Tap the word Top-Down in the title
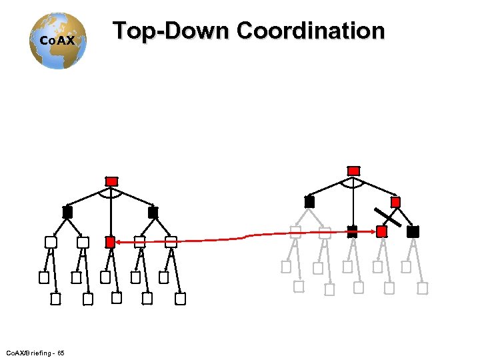click(171, 31)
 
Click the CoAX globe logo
click(59, 40)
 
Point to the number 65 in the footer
click(61, 352)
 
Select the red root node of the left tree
click(111, 181)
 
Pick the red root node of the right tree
click(353, 171)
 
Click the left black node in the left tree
click(67, 212)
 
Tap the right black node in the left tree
click(153, 212)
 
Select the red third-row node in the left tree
click(111, 242)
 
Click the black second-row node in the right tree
click(309, 201)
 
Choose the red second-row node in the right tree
click(395, 201)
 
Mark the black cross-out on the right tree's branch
click(387, 217)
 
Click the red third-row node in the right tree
click(381, 231)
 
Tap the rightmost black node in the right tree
click(413, 231)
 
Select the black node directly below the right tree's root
click(352, 231)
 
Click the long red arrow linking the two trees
click(247, 236)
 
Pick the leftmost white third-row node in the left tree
click(50, 242)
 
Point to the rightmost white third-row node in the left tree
click(171, 242)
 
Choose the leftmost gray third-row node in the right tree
click(295, 232)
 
